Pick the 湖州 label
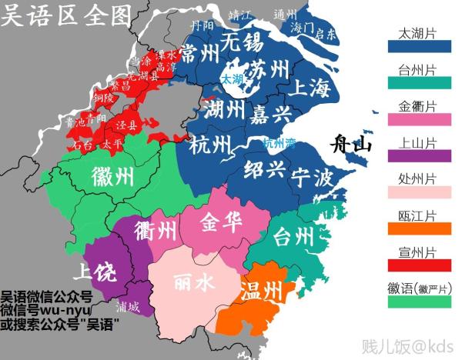[x=226, y=112]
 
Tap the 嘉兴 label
[x=270, y=115]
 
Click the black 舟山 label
[x=351, y=145]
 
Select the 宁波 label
[x=313, y=178]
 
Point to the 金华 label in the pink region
[x=222, y=223]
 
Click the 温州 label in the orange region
[x=261, y=292]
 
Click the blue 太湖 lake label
[x=231, y=79]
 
